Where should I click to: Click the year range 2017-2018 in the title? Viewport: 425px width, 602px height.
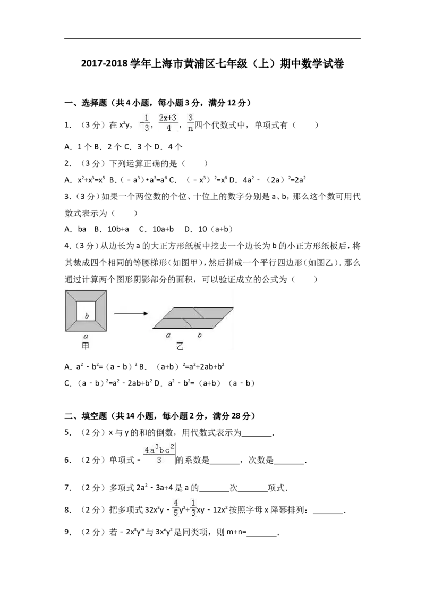(x=104, y=64)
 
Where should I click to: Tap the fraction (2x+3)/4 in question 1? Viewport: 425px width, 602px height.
(x=168, y=123)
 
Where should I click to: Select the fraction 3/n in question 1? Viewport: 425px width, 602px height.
(x=190, y=123)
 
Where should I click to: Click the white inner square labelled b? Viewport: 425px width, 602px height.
(x=87, y=311)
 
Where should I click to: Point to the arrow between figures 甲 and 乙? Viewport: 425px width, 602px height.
(x=131, y=313)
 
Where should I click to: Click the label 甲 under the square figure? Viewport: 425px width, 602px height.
(x=86, y=346)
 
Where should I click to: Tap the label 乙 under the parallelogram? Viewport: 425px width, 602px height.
(x=180, y=346)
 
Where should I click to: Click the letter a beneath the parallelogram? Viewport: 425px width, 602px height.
(x=168, y=335)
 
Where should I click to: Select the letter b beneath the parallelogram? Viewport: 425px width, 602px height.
(x=199, y=335)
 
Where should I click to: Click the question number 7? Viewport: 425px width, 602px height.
(x=68, y=488)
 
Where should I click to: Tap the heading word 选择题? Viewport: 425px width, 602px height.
(x=94, y=103)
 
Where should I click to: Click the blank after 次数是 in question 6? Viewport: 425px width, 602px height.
(x=289, y=461)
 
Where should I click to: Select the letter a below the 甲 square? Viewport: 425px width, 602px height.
(x=86, y=336)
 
